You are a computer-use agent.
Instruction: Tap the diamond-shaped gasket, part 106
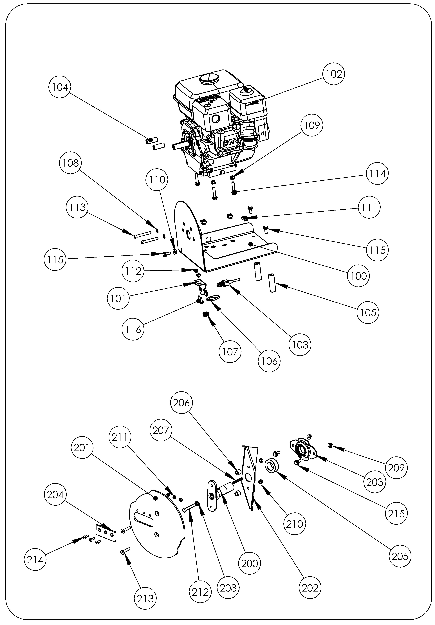(213, 298)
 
